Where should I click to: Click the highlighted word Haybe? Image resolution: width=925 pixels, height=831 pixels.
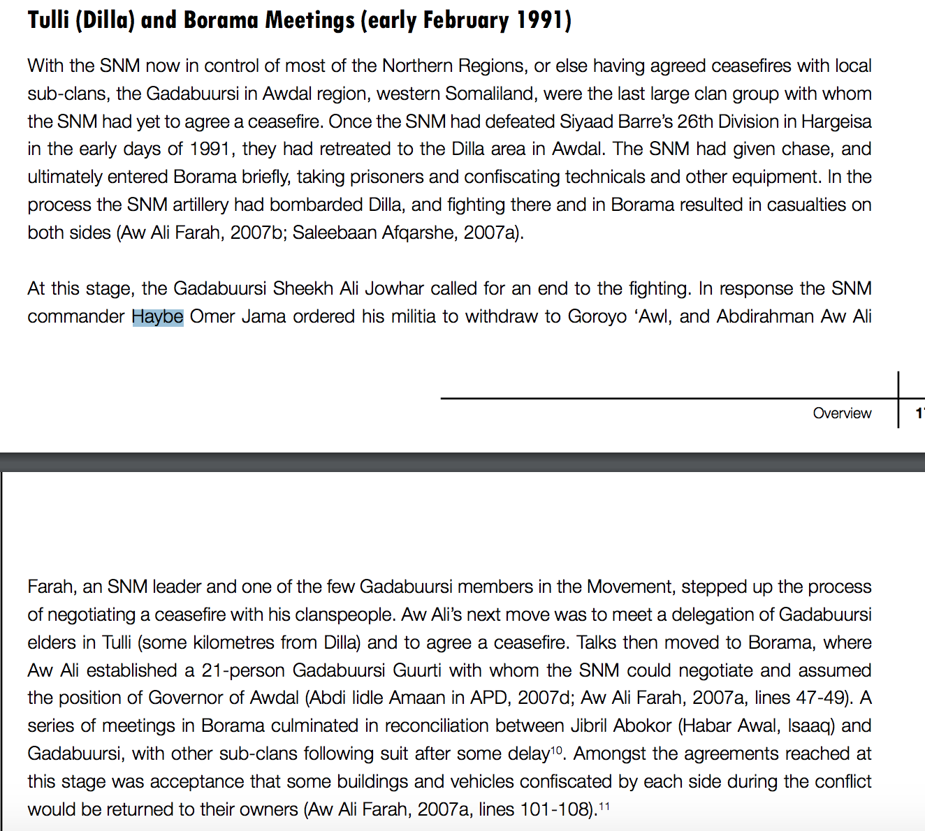pos(158,316)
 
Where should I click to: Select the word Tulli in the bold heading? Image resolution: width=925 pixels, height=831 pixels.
pos(48,20)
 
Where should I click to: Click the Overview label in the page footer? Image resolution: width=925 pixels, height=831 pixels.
pos(842,413)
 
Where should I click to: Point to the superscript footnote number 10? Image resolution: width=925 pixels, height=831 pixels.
pos(556,750)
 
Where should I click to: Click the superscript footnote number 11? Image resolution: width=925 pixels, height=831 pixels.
pos(604,806)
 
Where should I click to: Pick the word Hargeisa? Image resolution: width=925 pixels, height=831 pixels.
pos(836,122)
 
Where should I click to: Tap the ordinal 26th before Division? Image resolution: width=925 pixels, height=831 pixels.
pos(695,122)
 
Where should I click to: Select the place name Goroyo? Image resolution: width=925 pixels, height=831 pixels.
pos(597,316)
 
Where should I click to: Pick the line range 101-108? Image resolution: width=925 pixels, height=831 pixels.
pos(557,809)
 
